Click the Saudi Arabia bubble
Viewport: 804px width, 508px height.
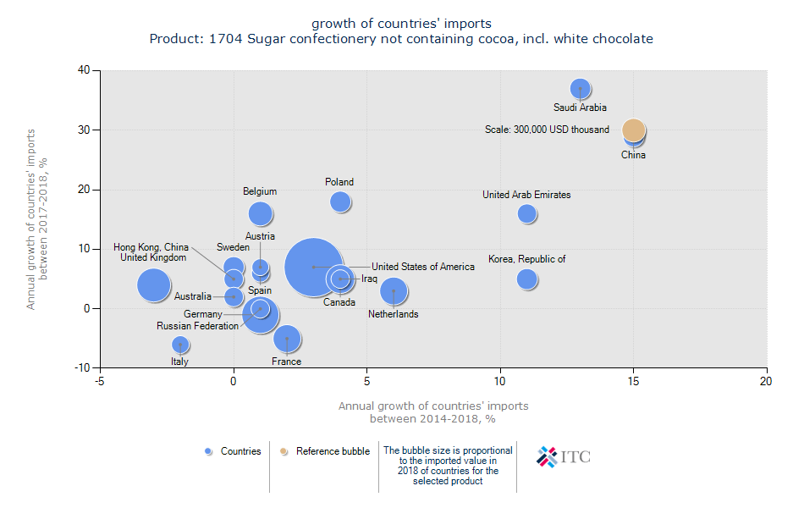[580, 88]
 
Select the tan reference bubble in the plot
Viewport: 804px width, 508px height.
[633, 130]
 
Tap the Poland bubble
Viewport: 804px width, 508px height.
[340, 202]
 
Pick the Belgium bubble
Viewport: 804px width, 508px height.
[260, 213]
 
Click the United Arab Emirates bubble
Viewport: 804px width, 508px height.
[526, 213]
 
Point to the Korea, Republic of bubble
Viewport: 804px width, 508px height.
[526, 279]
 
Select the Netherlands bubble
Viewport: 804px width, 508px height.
[393, 291]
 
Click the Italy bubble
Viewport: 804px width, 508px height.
[179, 344]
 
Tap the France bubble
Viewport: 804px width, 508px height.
[287, 339]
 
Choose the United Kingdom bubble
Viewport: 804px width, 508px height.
[153, 284]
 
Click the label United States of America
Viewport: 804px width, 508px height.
[423, 267]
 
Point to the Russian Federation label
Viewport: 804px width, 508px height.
[197, 326]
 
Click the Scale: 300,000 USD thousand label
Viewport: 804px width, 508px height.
[547, 130]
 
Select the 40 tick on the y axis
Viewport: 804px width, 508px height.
[85, 70]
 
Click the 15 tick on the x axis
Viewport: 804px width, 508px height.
[633, 382]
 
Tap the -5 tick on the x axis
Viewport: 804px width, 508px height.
[100, 382]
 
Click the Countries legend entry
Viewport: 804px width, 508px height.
[234, 451]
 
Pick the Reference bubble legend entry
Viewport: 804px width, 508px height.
[326, 451]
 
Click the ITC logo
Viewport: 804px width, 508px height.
[564, 456]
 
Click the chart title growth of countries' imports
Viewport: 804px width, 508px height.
[401, 23]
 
